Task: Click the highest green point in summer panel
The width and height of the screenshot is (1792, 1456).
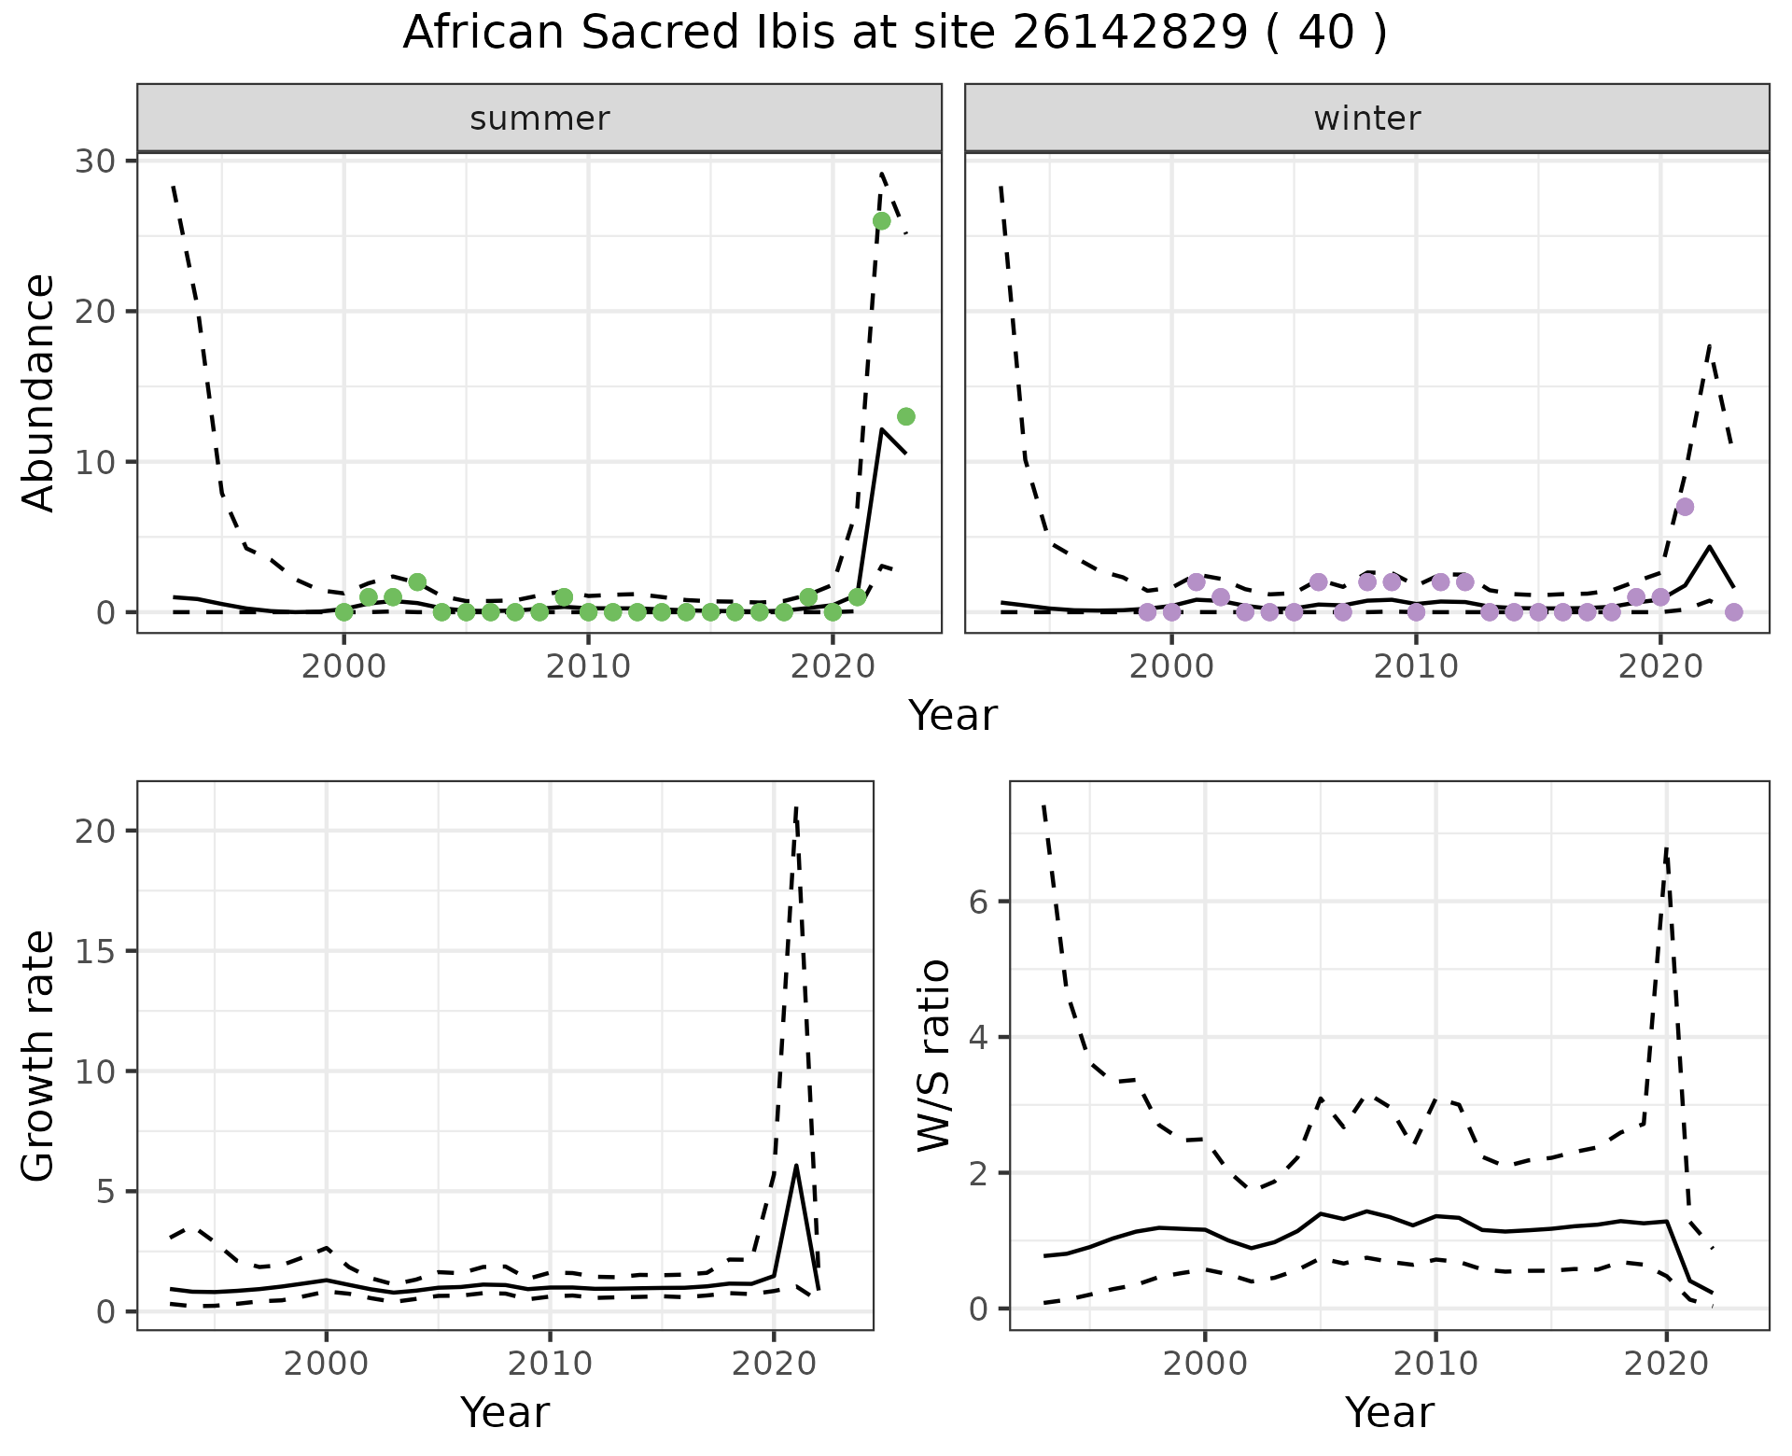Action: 881,221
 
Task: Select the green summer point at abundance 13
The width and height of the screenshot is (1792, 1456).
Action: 905,416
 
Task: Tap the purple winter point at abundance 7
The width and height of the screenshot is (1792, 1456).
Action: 1685,507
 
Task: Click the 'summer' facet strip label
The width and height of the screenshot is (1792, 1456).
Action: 539,119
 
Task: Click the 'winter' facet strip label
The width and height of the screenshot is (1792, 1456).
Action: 1366,119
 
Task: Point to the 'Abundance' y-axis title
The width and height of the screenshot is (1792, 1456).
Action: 39,393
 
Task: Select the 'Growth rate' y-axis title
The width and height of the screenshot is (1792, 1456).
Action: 39,1056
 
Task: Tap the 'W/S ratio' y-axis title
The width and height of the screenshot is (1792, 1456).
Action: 933,1056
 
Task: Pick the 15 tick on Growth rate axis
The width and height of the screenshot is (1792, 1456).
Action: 100,951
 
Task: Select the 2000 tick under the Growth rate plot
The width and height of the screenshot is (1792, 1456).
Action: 326,1364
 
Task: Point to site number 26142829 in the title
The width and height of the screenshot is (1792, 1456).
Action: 1129,34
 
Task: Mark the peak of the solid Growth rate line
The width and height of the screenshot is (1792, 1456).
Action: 795,1165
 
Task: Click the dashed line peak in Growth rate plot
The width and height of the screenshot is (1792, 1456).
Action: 795,807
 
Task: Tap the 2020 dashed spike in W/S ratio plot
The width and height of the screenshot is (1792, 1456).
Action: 1666,847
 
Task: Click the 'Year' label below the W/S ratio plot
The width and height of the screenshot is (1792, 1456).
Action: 1389,1412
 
